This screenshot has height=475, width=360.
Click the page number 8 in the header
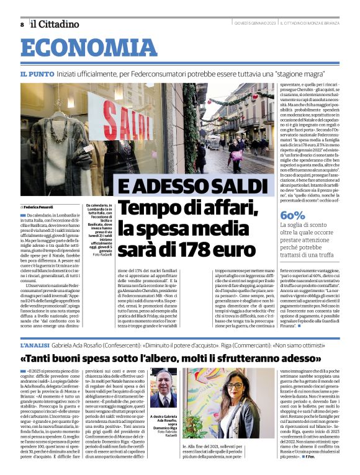tap(22, 24)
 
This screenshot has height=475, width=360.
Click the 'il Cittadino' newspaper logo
tap(55, 24)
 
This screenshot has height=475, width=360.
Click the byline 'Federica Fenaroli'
tap(39, 206)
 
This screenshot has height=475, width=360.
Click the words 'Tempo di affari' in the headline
tap(179, 208)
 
